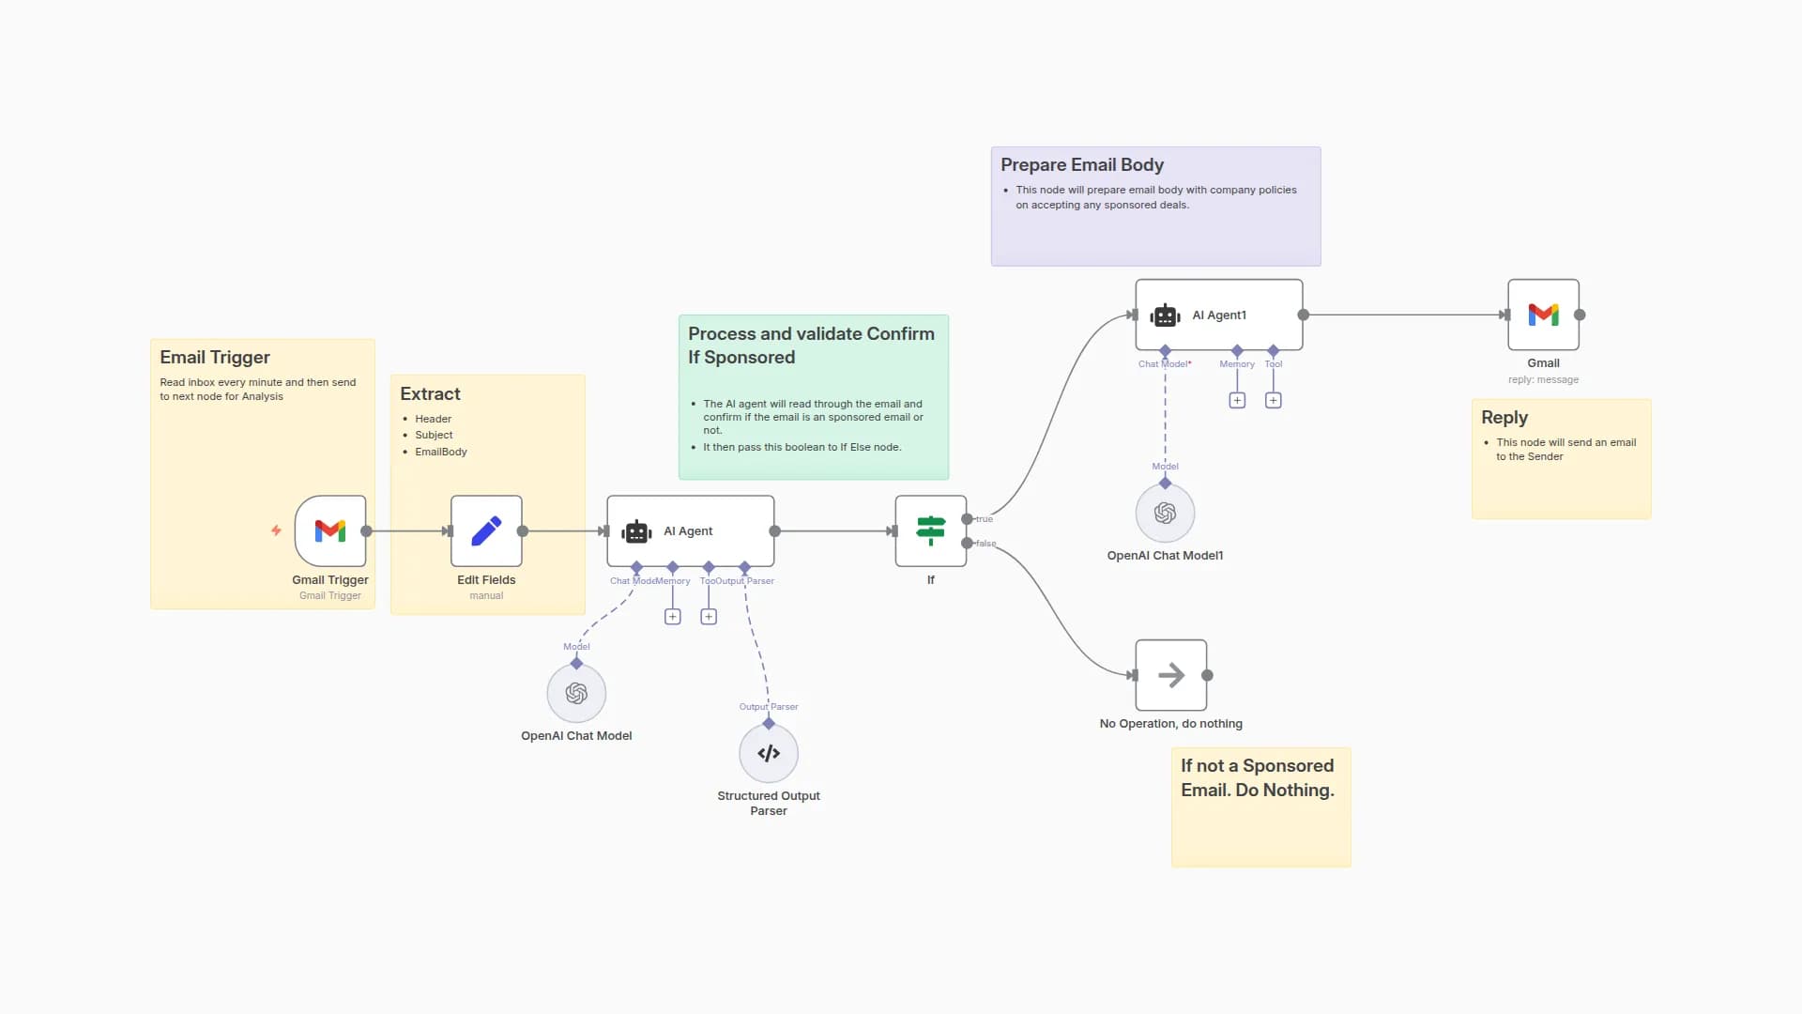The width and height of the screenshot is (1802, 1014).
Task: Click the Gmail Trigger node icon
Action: tap(329, 530)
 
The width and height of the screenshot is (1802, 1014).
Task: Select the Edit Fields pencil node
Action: tap(486, 530)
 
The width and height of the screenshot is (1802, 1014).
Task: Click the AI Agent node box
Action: tap(690, 530)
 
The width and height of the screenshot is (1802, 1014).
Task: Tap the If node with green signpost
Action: tap(930, 530)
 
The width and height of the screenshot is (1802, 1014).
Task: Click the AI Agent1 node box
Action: tap(1218, 315)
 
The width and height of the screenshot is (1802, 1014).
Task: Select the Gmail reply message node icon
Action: tap(1543, 315)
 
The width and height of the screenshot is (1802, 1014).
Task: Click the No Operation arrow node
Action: tap(1170, 675)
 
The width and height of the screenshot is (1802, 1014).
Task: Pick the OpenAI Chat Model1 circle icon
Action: tap(1165, 513)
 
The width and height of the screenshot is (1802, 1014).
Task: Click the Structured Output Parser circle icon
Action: tap(768, 753)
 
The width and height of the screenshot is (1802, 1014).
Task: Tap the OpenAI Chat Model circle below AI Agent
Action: tap(576, 693)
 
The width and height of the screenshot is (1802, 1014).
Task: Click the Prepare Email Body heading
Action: tap(1081, 164)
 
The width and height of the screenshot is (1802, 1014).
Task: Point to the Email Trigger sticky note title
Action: tap(214, 357)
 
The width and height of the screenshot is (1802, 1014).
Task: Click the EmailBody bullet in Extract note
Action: tap(440, 452)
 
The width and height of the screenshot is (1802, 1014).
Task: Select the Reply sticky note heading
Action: tap(1504, 417)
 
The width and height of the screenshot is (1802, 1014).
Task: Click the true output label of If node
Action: tap(984, 519)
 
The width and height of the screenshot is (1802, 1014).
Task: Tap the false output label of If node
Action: tap(985, 544)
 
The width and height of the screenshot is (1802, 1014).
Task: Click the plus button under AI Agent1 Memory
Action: tap(1237, 401)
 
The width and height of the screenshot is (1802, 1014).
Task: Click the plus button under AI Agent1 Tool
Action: tap(1273, 401)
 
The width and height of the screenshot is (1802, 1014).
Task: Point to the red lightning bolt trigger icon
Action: tap(276, 530)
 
